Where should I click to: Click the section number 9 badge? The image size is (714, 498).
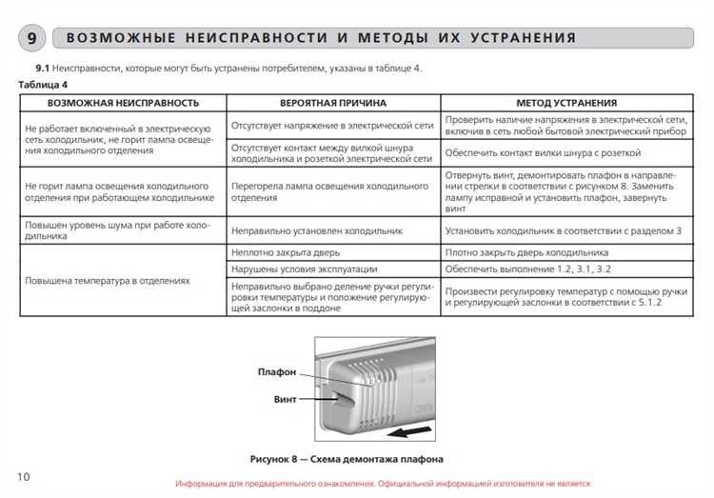(31, 38)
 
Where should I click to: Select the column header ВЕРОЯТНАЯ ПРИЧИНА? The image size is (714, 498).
(333, 102)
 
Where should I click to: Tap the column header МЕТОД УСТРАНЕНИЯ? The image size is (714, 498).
(566, 102)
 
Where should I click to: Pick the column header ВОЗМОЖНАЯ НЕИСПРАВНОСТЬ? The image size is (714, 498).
(123, 102)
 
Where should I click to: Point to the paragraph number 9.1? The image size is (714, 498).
(42, 69)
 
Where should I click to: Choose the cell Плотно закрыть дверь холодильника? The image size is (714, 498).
(526, 252)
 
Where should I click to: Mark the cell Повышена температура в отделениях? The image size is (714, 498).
(108, 281)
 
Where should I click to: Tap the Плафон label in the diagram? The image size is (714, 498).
(276, 371)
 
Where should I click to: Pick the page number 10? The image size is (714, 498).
(24, 475)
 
